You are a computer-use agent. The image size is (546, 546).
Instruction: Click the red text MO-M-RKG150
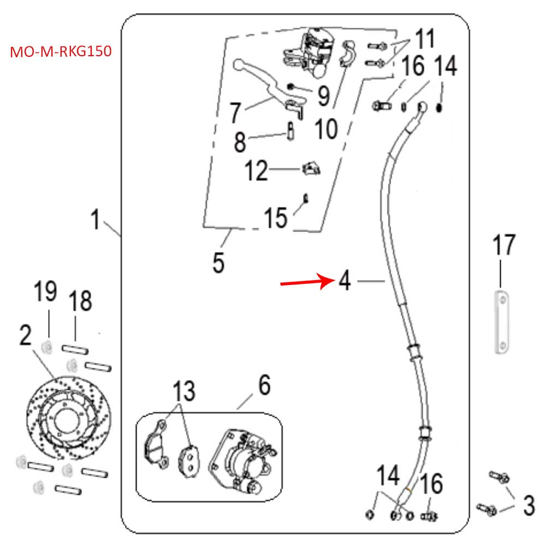click(x=61, y=52)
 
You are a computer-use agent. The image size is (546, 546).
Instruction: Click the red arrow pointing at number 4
click(x=306, y=282)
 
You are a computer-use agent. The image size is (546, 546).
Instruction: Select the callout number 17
click(x=503, y=246)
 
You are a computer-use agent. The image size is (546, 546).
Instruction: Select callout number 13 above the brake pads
click(x=184, y=391)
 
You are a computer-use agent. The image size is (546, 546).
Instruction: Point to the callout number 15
click(x=275, y=218)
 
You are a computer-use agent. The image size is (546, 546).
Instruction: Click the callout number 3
click(x=528, y=505)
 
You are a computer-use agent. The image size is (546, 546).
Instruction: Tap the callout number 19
click(x=46, y=292)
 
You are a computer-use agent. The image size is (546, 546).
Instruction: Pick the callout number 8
click(x=239, y=143)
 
